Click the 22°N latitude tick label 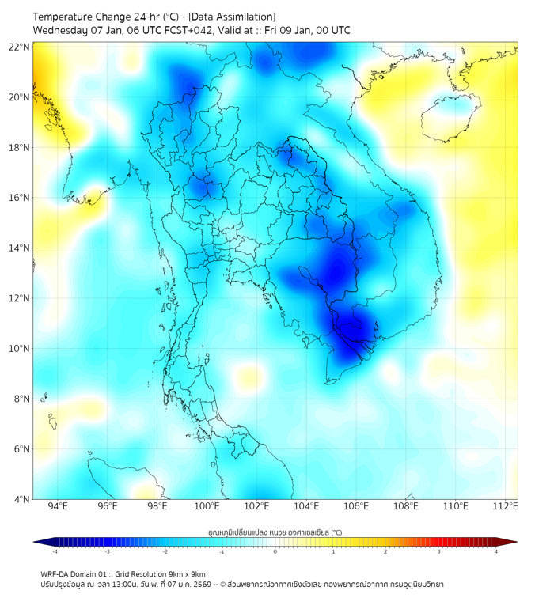pos(20,47)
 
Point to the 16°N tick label pos(20,198)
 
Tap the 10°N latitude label pos(20,349)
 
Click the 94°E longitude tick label pos(58,507)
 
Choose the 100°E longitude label pos(207,507)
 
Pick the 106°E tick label pos(357,507)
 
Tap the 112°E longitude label pos(507,507)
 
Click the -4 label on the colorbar pos(55,552)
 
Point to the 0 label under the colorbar pos(275,552)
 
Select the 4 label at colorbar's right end pos(496,552)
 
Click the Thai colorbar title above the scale pos(275,532)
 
